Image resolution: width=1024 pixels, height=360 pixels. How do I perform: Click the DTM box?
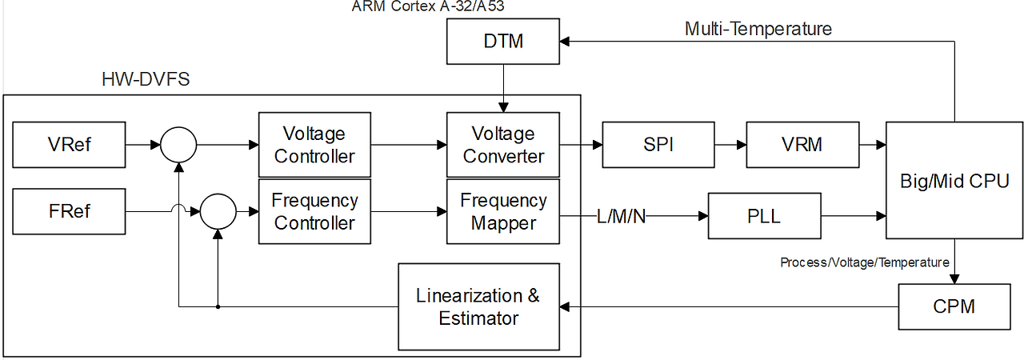pos(503,42)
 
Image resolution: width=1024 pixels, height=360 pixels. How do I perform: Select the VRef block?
pos(69,145)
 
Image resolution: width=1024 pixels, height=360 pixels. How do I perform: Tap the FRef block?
pos(69,211)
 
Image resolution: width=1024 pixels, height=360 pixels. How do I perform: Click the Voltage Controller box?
pos(314,145)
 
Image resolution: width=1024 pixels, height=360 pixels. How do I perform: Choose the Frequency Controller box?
pos(314,212)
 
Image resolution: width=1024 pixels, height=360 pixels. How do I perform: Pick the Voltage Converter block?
pos(503,145)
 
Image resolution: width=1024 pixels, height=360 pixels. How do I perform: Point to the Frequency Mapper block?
pos(503,212)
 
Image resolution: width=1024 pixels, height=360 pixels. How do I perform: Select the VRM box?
pos(802,145)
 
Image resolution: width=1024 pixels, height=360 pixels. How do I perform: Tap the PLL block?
pos(765,216)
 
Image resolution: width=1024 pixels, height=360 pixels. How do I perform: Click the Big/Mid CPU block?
pos(954,180)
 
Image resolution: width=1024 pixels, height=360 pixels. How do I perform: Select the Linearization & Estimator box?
pos(478,307)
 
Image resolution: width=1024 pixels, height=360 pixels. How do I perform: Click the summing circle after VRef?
pos(178,146)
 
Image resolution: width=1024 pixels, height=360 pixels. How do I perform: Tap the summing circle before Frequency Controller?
pos(218,213)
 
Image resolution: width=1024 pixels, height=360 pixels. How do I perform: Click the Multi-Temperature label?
pos(758,30)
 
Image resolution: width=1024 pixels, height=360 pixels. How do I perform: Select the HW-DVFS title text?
pos(146,80)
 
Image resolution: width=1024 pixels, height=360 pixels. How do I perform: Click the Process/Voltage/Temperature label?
pos(864,262)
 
